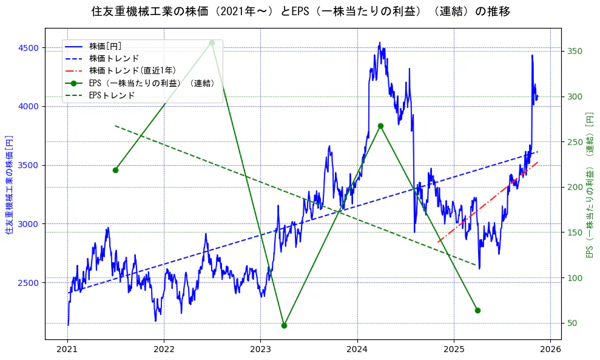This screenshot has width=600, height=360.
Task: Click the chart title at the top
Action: [x=300, y=12]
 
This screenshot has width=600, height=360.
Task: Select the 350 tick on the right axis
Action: [x=575, y=51]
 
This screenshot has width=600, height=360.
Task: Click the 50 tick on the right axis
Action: [x=573, y=323]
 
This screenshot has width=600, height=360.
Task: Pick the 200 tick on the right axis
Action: [x=575, y=187]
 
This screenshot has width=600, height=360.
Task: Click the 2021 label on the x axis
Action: [x=67, y=349]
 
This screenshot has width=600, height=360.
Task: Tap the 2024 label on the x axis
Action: [x=357, y=349]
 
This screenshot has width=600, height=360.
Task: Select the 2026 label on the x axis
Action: [x=550, y=349]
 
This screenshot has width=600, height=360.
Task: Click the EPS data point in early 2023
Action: [x=284, y=325]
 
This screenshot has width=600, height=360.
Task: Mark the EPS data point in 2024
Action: [x=380, y=126]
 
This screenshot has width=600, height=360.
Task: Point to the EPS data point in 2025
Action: [x=477, y=310]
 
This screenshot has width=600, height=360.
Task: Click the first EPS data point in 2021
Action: [x=115, y=170]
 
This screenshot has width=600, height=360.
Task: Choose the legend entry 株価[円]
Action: [x=106, y=46]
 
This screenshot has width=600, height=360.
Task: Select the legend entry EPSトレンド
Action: [x=112, y=95]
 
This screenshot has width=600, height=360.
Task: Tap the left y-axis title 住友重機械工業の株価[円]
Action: [x=9, y=185]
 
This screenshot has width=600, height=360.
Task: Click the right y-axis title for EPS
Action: [x=589, y=185]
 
